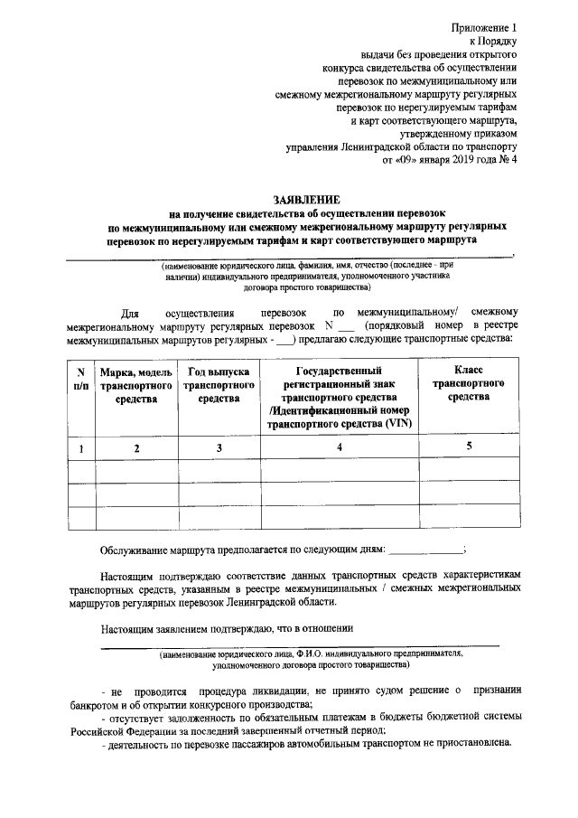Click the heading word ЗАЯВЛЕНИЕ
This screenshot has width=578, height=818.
[307, 199]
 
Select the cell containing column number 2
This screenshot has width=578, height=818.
[136, 447]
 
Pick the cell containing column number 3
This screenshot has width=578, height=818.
[218, 447]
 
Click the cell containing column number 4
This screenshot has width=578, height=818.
[339, 447]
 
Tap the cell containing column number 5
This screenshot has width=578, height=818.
[469, 446]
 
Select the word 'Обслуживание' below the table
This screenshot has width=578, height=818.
[136, 549]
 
